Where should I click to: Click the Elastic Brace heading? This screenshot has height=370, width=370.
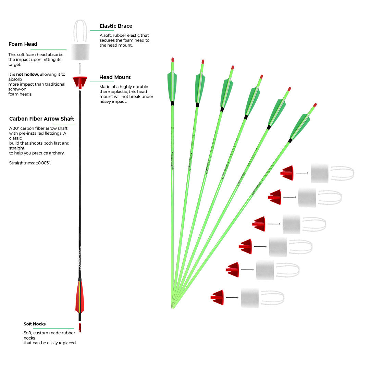116,26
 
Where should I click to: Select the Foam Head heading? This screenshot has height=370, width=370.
23,44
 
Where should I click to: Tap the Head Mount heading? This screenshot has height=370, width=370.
115,77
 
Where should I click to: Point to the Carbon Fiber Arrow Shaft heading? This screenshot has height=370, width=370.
42,119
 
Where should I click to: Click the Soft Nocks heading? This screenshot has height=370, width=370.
35,324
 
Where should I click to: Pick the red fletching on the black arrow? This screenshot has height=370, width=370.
79,296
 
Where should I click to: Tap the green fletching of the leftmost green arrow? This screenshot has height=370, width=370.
172,86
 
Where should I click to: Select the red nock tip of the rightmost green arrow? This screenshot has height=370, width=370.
315,105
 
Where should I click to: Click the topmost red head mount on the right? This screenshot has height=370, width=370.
287,173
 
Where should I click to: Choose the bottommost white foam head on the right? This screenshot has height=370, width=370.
250,298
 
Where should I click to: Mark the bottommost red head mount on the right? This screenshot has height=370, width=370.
218,297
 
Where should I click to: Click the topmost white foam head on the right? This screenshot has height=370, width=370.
319,173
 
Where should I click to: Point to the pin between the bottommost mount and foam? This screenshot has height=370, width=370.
232,297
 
